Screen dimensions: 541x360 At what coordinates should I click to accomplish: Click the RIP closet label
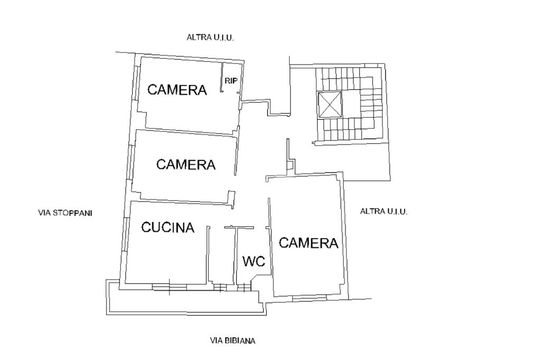click(231, 81)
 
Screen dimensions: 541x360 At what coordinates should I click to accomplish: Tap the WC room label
click(254, 261)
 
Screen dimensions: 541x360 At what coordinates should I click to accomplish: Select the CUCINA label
click(168, 227)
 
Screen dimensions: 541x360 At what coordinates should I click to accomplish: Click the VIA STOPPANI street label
click(65, 213)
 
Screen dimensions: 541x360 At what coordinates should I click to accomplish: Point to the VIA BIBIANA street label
click(233, 340)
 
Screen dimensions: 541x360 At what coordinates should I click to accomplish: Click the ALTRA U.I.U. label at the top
click(210, 37)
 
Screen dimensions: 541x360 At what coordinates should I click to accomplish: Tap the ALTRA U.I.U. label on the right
click(384, 211)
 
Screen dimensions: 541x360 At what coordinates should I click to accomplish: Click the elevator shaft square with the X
click(330, 105)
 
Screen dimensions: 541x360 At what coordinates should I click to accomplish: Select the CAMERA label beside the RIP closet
click(177, 90)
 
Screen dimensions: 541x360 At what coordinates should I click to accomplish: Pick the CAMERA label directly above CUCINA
click(186, 164)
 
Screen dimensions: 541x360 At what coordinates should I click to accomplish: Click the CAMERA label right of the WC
click(309, 243)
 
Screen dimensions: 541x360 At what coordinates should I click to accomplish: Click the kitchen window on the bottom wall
click(170, 286)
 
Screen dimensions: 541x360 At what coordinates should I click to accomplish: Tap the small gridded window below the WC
click(244, 287)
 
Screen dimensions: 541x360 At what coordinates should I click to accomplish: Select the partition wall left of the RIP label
click(222, 77)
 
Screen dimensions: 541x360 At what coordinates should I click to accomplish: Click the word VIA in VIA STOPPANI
click(44, 213)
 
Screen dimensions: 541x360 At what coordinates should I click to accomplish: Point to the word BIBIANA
click(240, 340)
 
